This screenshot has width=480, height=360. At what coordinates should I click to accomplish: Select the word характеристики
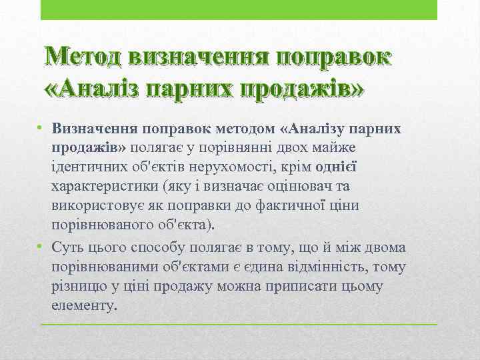click(x=103, y=185)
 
